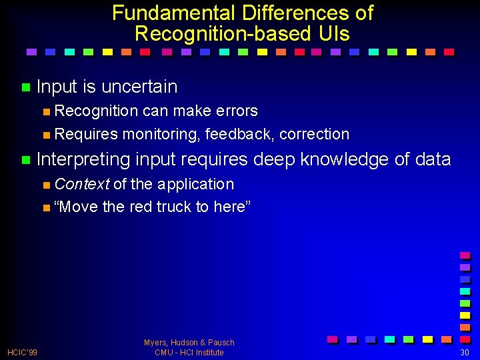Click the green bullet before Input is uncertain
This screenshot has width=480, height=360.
tap(25, 87)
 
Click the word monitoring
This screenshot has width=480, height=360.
tap(161, 134)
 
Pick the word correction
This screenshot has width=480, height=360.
tap(314, 134)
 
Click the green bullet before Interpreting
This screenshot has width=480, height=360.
tap(25, 159)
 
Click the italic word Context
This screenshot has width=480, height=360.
tap(82, 184)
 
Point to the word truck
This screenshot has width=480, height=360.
tap(174, 207)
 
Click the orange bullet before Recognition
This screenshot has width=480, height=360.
tap(45, 111)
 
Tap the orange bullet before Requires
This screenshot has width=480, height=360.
tap(45, 135)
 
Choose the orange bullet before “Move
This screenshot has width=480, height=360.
tap(45, 207)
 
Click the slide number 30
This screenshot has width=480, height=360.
tap(465, 352)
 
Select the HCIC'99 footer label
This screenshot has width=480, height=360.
tap(22, 352)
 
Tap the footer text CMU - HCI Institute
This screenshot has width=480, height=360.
tap(189, 352)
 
